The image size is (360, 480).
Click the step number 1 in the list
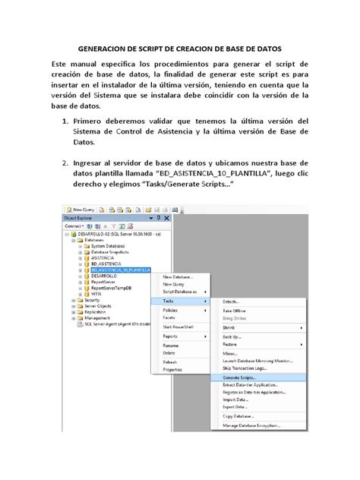point(68,121)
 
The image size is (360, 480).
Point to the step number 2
point(68,162)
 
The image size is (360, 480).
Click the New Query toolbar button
point(80,210)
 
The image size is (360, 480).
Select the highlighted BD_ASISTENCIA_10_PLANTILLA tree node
point(122,270)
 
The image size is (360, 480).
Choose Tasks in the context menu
point(169,301)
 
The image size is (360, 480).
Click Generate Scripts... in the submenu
point(239,377)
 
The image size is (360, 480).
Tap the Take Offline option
point(234,311)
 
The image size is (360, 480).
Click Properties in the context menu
point(172,369)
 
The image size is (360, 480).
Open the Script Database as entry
point(179,292)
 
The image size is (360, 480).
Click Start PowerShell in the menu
point(178,326)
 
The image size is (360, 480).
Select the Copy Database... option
point(238,416)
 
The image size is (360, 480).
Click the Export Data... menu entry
point(235,406)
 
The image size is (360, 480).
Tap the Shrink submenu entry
point(229,327)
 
